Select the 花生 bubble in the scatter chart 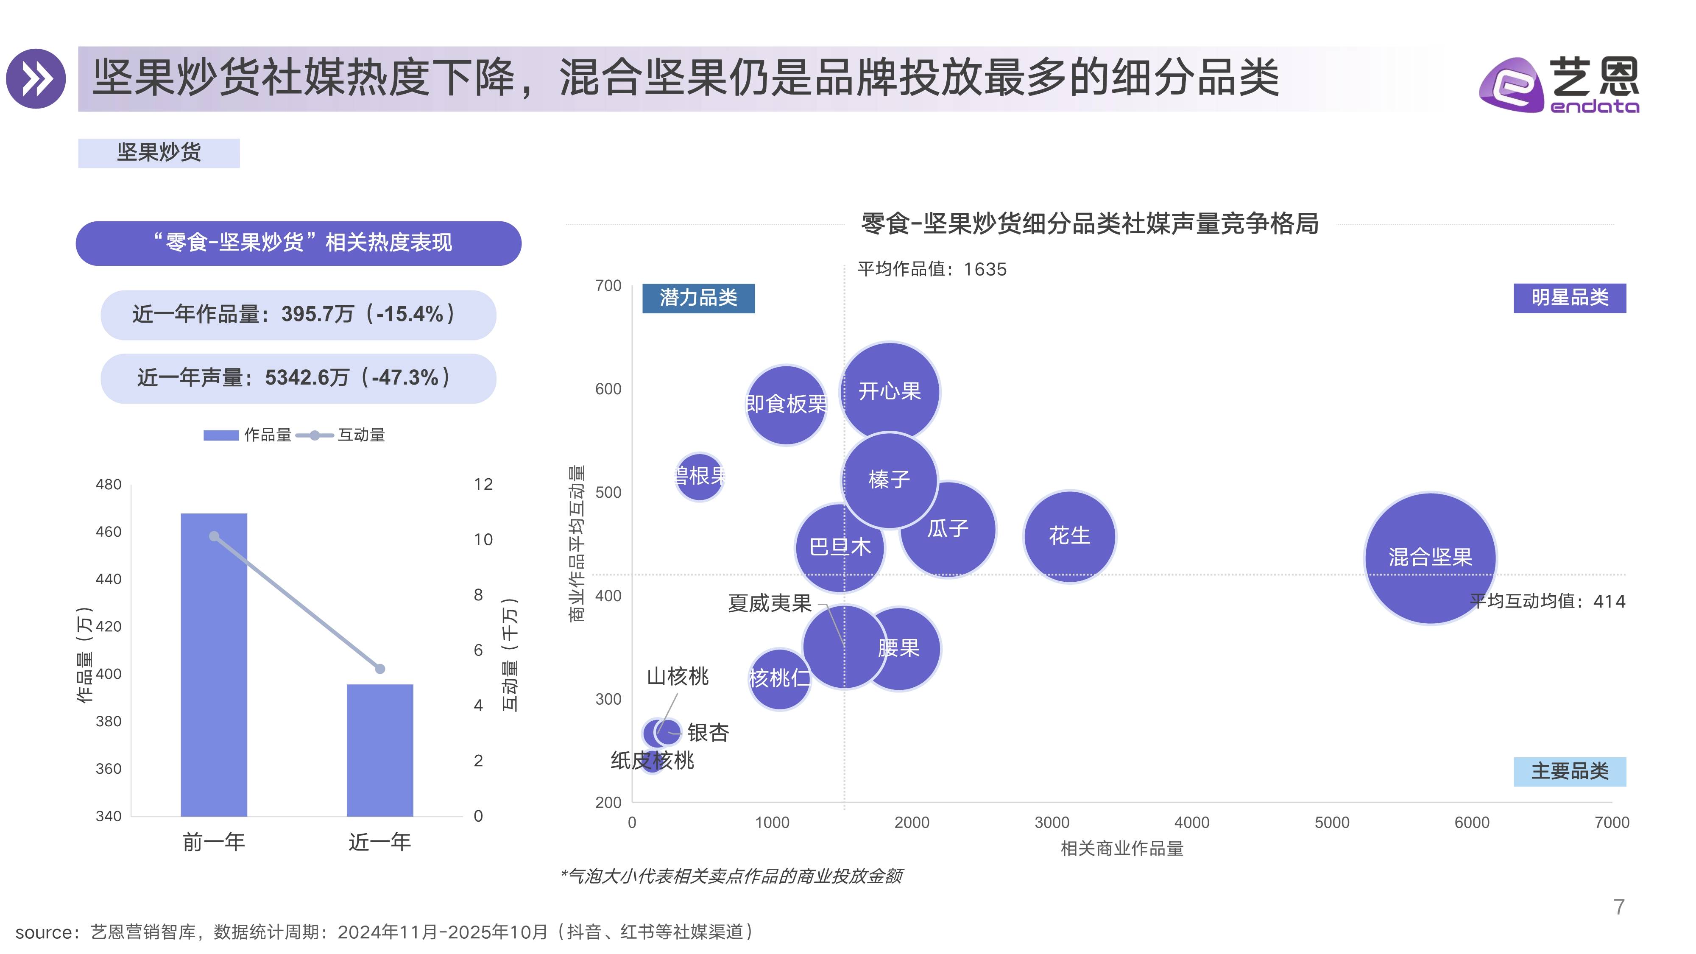pyautogui.click(x=1069, y=535)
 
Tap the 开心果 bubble pyautogui.click(x=890, y=391)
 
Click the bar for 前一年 pyautogui.click(x=214, y=665)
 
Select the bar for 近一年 pyautogui.click(x=380, y=750)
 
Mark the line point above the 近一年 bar pyautogui.click(x=380, y=669)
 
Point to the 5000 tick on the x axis pyautogui.click(x=1331, y=822)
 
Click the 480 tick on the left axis pyautogui.click(x=109, y=485)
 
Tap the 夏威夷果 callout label pyautogui.click(x=769, y=603)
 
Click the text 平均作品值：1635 pyautogui.click(x=932, y=269)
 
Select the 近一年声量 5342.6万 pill pyautogui.click(x=298, y=378)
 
